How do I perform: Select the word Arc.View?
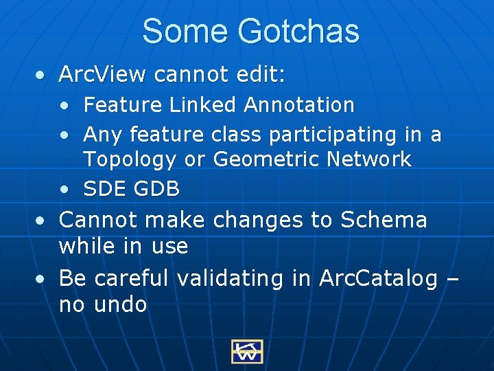click(x=103, y=74)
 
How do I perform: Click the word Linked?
click(x=203, y=105)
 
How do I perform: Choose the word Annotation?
click(x=299, y=105)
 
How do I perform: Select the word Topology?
click(x=130, y=160)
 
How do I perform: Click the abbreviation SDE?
click(x=104, y=188)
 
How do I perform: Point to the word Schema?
click(x=384, y=220)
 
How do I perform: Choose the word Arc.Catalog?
click(x=378, y=278)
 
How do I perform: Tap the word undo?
click(x=121, y=304)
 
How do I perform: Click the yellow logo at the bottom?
click(x=246, y=351)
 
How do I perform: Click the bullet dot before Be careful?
click(x=43, y=279)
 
